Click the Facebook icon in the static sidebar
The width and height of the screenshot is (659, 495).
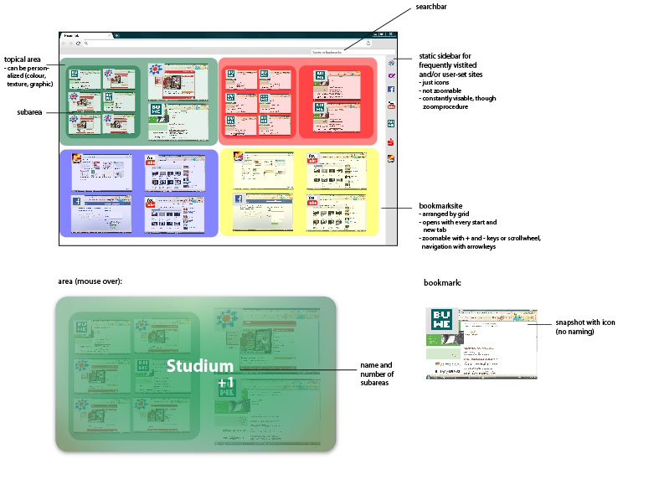pos(391,89)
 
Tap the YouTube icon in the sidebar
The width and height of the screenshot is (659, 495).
pos(391,106)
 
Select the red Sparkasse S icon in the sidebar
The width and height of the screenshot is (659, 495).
pos(391,142)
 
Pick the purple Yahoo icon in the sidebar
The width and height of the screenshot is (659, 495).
pos(391,76)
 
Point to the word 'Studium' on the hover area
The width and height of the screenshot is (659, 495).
pos(200,366)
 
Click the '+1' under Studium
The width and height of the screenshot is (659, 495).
pos(224,383)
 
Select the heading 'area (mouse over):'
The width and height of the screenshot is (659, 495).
pos(90,281)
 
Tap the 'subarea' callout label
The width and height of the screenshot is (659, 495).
pos(31,111)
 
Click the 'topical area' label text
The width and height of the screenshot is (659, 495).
pos(23,60)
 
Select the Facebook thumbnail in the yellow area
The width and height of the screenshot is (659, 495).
pos(238,199)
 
